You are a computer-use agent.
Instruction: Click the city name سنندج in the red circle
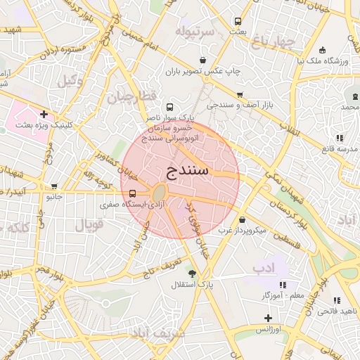pyautogui.click(x=189, y=170)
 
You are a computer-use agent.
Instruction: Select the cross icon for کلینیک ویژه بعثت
pyautogui.click(x=44, y=113)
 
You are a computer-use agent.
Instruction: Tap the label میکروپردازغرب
pyautogui.click(x=241, y=230)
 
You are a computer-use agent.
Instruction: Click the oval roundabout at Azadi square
pyautogui.click(x=160, y=192)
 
